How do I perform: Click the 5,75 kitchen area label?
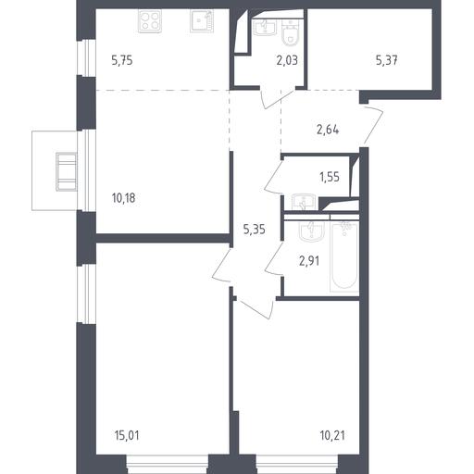click(x=122, y=60)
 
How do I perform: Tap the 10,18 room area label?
click(x=123, y=198)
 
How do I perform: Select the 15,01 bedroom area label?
click(x=127, y=436)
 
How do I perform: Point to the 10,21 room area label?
click(x=332, y=436)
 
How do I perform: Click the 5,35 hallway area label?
click(x=255, y=230)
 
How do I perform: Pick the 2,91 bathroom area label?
click(x=309, y=261)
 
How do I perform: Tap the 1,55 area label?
click(x=330, y=177)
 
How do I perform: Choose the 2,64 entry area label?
click(x=328, y=130)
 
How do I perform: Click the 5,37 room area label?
click(x=387, y=60)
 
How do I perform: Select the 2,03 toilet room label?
click(x=287, y=60)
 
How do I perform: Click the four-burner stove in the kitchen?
click(x=150, y=21)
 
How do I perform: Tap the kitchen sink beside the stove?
click(x=202, y=20)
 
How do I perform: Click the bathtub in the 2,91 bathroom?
click(x=344, y=257)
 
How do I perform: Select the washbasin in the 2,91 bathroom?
click(x=312, y=231)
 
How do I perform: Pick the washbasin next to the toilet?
click(x=265, y=27)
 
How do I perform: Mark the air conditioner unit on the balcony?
click(x=67, y=171)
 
